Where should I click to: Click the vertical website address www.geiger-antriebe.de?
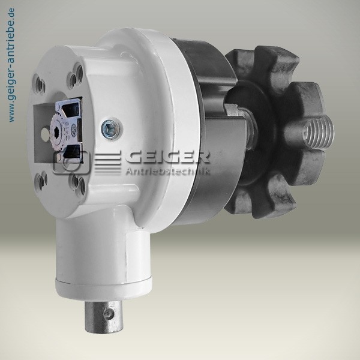coord(11,65)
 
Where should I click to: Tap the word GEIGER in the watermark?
coord(168,157)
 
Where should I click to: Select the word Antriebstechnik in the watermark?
coord(167,171)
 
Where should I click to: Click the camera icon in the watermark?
coord(71,162)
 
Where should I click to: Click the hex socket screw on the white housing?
coord(111,129)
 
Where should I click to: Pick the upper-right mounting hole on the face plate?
coord(76,75)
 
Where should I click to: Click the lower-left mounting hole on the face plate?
coord(41,181)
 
